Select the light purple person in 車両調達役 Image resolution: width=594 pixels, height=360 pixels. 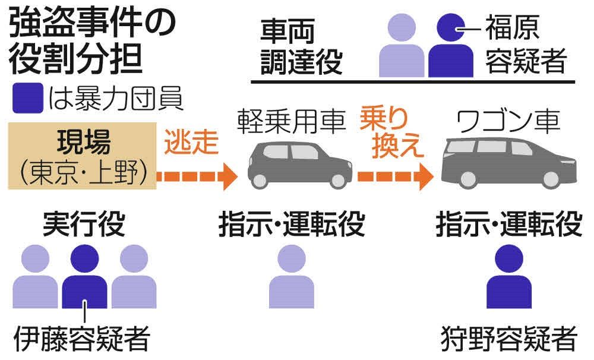402,45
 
